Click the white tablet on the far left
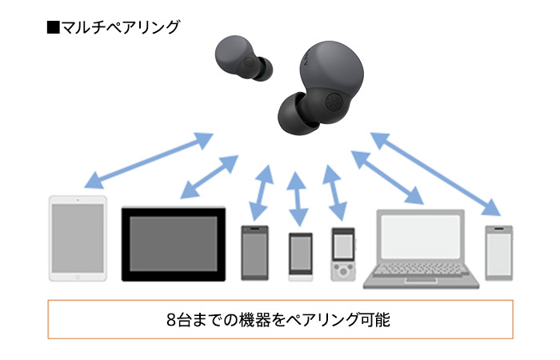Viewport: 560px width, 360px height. pyautogui.click(x=78, y=237)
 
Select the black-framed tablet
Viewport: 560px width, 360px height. pyautogui.click(x=173, y=243)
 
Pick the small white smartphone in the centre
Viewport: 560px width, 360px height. pyautogui.click(x=300, y=256)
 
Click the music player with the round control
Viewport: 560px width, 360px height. pyautogui.click(x=342, y=254)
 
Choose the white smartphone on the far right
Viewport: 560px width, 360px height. pyautogui.click(x=499, y=252)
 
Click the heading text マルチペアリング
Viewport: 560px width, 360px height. pyautogui.click(x=120, y=27)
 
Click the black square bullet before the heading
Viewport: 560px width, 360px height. pyautogui.click(x=54, y=27)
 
